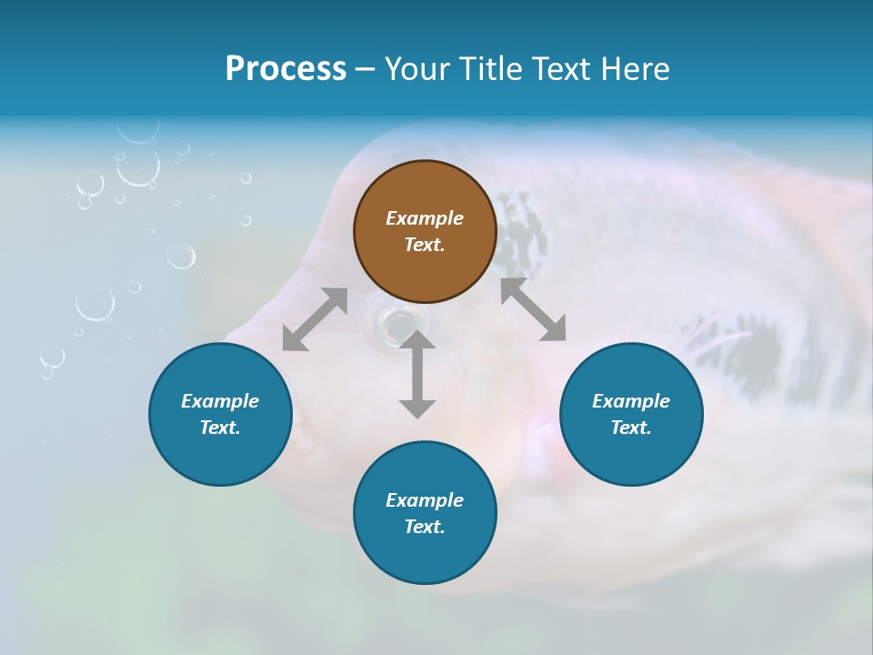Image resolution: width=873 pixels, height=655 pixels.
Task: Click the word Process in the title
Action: [286, 69]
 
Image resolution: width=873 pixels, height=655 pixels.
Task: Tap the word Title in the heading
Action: [496, 69]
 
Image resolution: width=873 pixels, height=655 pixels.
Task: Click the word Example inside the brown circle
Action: [425, 218]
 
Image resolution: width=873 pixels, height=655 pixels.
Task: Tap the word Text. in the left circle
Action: [220, 428]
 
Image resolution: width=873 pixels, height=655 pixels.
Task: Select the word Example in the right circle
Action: [631, 401]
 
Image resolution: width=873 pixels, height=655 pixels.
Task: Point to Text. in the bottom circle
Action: [425, 527]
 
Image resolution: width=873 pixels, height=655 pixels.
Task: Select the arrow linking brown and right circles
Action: [533, 309]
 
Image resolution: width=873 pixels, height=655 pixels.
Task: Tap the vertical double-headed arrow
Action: [416, 374]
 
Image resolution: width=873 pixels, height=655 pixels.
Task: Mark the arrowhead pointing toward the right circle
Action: [553, 329]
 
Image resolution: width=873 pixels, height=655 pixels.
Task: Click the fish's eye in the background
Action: [396, 321]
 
